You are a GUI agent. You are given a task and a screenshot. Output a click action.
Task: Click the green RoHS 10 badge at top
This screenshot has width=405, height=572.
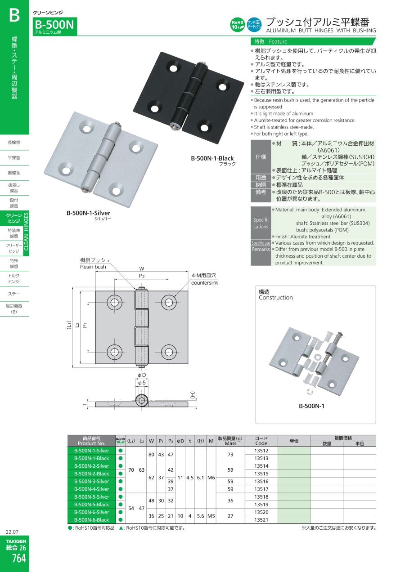tap(238, 25)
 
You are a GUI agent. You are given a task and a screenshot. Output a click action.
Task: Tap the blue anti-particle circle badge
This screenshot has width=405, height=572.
tap(254, 25)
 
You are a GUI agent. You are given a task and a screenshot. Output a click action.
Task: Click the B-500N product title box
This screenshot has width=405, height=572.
tap(55, 26)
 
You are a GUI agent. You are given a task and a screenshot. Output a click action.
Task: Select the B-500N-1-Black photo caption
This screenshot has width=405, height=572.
tap(212, 158)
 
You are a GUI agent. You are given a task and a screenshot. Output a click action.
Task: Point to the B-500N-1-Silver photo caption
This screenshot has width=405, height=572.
tap(88, 213)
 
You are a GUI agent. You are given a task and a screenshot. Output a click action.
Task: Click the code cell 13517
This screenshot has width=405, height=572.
tap(261, 489)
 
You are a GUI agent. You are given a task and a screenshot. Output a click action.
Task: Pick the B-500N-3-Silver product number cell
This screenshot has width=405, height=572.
tap(91, 481)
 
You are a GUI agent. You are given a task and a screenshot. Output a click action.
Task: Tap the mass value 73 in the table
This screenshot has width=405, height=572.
tap(230, 455)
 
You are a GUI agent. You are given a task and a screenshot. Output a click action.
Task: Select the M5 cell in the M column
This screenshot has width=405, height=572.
tap(211, 516)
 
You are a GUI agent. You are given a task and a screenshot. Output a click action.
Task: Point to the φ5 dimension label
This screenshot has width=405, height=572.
tap(142, 383)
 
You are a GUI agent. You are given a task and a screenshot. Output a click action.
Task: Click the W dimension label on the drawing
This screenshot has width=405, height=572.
tap(142, 268)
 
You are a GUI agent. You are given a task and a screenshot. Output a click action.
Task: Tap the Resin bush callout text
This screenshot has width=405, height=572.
tap(93, 267)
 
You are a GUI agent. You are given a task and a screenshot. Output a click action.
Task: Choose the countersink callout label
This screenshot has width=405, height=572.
tap(204, 283)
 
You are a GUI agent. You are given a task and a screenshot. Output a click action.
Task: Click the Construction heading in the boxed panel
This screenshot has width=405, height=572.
tap(276, 298)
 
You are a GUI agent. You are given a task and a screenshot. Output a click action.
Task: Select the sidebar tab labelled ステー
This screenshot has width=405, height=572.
tap(14, 294)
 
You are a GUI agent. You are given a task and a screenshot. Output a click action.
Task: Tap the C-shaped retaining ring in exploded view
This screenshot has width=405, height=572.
tap(310, 392)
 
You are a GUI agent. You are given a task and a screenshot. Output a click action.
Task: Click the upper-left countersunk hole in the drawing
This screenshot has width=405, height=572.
tap(114, 303)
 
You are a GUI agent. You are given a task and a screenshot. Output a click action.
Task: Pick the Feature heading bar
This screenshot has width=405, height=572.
tap(313, 41)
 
